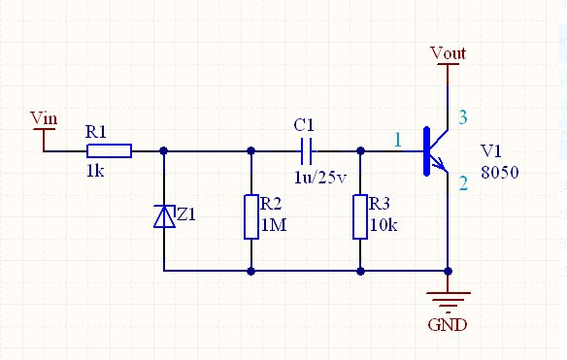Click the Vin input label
44,118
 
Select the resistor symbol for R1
109,150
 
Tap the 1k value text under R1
94,170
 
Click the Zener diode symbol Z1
164,216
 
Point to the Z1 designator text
184,215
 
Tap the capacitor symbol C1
307,150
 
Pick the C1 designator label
304,126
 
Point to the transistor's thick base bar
426,150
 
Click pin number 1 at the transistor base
396,140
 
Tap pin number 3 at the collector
462,118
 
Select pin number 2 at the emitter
462,181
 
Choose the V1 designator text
492,151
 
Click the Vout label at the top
448,52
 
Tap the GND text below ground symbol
448,324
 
